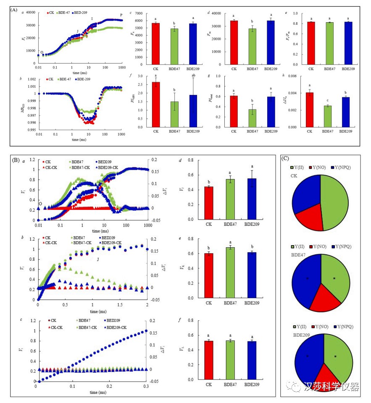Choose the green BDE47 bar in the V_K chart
coord(230,273)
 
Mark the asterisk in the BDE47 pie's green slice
coord(335,278)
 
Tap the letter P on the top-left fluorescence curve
coord(121,15)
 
